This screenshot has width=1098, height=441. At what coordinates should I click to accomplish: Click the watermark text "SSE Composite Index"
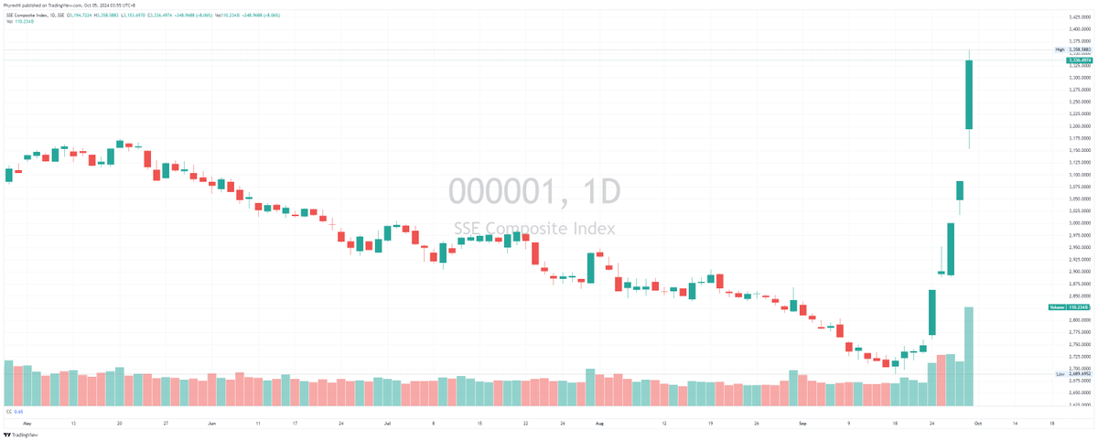pyautogui.click(x=534, y=229)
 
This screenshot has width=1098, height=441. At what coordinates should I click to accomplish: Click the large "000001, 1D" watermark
pyautogui.click(x=534, y=192)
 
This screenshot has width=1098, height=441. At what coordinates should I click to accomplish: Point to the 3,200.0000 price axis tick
pyautogui.click(x=1074, y=126)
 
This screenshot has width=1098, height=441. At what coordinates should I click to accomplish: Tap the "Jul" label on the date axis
pyautogui.click(x=388, y=425)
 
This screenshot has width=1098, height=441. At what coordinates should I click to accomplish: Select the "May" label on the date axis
pyautogui.click(x=27, y=425)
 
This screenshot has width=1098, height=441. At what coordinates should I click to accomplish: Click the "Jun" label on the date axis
pyautogui.click(x=212, y=425)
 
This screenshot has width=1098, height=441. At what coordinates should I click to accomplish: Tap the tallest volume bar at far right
pyautogui.click(x=968, y=357)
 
